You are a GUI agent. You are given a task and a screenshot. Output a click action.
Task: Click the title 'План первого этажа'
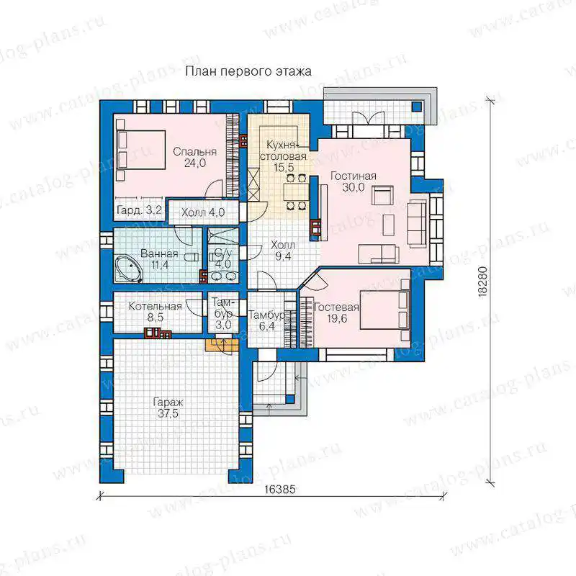(x=248, y=71)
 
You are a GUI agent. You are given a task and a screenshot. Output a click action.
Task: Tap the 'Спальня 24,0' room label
(x=194, y=157)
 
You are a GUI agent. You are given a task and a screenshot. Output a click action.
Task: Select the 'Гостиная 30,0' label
(x=354, y=181)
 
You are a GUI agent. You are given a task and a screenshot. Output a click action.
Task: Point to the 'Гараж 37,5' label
(x=168, y=408)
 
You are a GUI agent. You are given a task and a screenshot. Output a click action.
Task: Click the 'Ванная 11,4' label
(x=159, y=259)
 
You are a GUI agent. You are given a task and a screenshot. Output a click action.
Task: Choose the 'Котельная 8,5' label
(x=155, y=312)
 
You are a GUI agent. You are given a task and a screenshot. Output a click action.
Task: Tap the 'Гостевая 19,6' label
(x=336, y=312)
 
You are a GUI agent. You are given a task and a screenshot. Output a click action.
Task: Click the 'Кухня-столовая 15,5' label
(x=283, y=156)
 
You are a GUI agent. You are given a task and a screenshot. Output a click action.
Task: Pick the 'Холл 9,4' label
(x=283, y=251)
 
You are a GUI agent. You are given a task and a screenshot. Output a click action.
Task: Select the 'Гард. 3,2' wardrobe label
(x=139, y=210)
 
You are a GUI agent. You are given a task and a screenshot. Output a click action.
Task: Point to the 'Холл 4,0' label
(x=203, y=212)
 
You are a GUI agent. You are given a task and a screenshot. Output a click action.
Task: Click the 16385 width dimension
(x=279, y=490)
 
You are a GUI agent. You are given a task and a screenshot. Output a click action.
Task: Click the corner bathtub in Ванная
(x=128, y=269)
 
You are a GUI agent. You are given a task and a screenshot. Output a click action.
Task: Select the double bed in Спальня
(x=140, y=150)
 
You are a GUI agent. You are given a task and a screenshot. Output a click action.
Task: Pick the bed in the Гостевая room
(x=385, y=310)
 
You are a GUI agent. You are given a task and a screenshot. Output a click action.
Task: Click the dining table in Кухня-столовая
(x=296, y=192)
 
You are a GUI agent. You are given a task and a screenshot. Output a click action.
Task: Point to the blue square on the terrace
(x=417, y=107)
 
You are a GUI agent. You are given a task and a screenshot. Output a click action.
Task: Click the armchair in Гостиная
(x=382, y=195)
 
